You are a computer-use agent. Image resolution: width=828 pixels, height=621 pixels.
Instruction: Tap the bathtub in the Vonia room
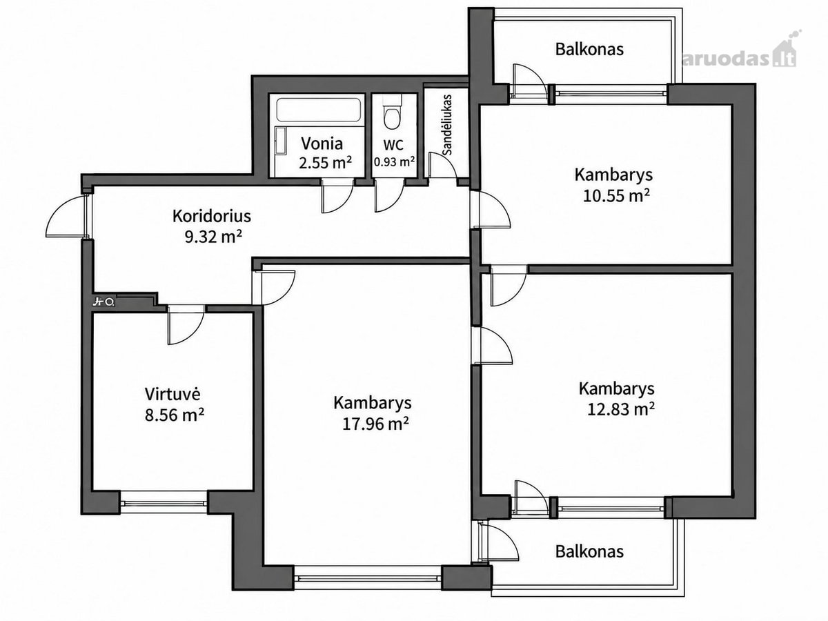(x=319, y=110)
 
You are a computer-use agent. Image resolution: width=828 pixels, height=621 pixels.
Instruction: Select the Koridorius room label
(x=212, y=217)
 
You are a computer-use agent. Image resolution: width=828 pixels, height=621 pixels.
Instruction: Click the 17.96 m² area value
(x=375, y=424)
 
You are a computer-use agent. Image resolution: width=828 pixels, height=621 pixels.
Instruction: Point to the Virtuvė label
(x=172, y=394)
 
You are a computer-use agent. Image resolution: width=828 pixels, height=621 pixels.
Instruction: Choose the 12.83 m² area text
(x=620, y=409)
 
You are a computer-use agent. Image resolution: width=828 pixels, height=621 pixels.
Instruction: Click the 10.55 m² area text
(x=616, y=196)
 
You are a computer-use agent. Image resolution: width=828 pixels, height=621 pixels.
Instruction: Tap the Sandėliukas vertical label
(x=447, y=125)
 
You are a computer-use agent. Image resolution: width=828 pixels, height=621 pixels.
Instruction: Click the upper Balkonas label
(x=589, y=50)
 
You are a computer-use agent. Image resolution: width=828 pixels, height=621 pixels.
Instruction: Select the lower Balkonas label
(x=589, y=551)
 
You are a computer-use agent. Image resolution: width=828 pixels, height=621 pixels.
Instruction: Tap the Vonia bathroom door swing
(x=337, y=197)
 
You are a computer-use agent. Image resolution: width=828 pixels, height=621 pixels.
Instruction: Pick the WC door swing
(x=390, y=196)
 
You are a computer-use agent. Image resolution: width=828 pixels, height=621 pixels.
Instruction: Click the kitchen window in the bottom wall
(x=164, y=503)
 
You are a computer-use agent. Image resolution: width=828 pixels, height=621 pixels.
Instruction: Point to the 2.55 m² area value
(x=326, y=164)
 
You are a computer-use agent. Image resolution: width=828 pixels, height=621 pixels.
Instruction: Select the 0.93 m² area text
(x=395, y=162)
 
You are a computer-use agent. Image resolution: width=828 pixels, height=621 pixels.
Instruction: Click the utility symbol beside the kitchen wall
(x=103, y=302)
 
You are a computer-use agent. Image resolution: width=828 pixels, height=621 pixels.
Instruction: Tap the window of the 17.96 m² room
(x=367, y=578)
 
